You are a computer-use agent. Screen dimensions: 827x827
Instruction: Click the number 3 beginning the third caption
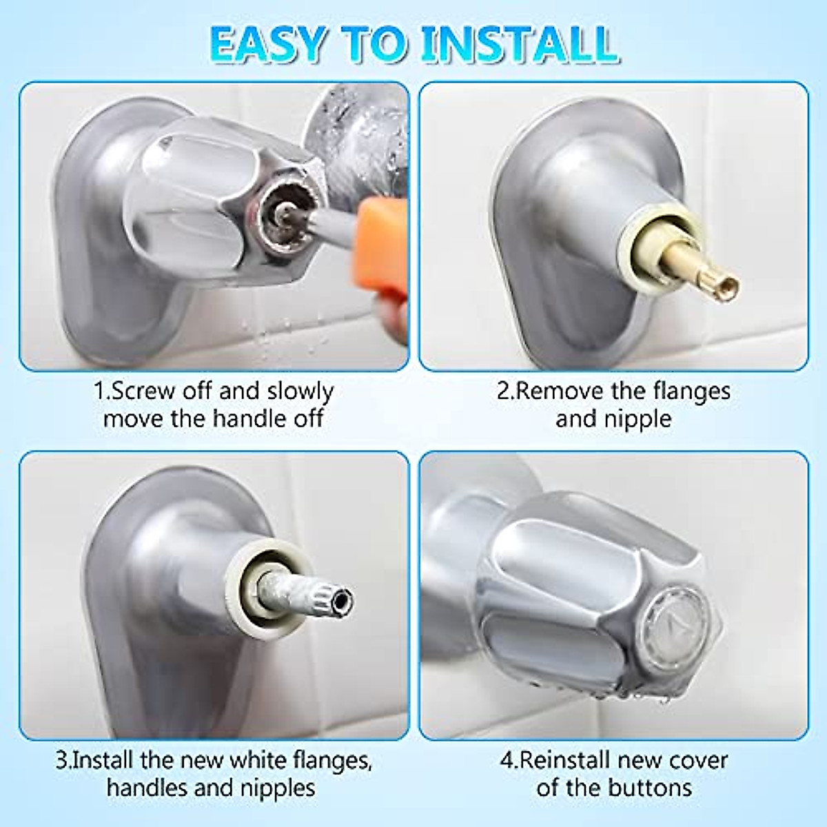(x=62, y=761)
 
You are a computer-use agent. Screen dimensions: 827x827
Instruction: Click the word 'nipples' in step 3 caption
(x=278, y=788)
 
